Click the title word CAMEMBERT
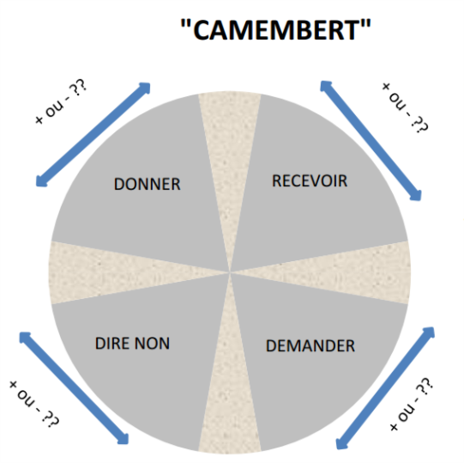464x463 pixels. pos(276,30)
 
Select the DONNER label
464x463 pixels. pos(147,184)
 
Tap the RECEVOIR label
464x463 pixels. pos(310,180)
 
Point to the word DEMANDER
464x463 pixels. pos(310,345)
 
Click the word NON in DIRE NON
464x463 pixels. pos(152,344)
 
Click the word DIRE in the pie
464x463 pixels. pos(112,344)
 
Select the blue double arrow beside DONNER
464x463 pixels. pos(93,135)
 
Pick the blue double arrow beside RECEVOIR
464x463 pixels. pos(371,141)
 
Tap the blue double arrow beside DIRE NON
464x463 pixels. pos(74,388)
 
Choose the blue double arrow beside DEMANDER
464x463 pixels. pos(385,388)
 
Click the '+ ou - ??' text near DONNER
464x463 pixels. pos(61,101)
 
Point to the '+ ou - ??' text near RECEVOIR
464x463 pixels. pos(405,107)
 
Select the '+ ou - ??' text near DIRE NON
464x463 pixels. pos(34,404)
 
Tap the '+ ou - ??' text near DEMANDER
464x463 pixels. pos(412,404)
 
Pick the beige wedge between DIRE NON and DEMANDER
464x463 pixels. pos(230,394)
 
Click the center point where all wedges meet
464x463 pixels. pos(230,271)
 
